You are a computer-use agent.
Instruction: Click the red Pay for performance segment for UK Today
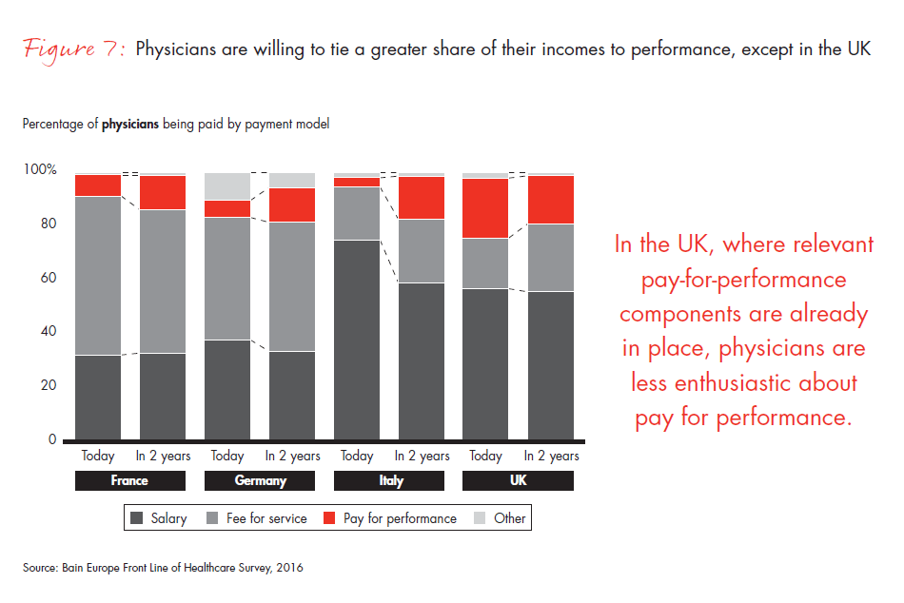(x=485, y=208)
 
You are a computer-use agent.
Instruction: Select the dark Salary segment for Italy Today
(x=357, y=340)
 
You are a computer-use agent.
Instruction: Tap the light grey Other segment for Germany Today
(x=227, y=186)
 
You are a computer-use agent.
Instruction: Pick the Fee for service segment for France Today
(x=98, y=276)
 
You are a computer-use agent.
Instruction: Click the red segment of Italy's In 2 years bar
(x=421, y=198)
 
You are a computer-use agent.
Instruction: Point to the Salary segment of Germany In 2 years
(x=292, y=396)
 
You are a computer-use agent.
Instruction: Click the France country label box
(x=129, y=480)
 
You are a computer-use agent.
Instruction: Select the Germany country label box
(x=260, y=480)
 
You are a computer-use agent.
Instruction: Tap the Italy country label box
(x=389, y=480)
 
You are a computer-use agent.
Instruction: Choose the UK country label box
(x=518, y=480)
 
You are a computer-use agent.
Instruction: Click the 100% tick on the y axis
(x=40, y=169)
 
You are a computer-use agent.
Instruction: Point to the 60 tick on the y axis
(x=48, y=278)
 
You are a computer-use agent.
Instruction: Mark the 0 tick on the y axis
(x=53, y=440)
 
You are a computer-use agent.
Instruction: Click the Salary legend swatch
(x=136, y=518)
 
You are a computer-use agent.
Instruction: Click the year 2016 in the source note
(x=288, y=568)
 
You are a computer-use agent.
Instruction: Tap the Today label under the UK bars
(x=485, y=457)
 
